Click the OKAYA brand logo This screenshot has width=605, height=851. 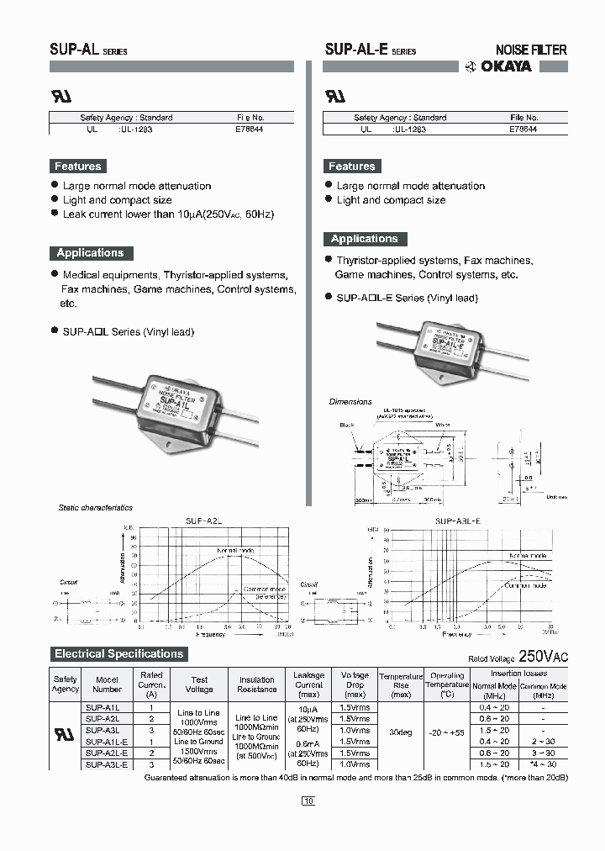coord(498,66)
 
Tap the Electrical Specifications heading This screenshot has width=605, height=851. coord(118,653)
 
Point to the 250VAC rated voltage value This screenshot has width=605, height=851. coord(543,656)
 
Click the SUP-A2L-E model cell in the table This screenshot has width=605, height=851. coord(108,753)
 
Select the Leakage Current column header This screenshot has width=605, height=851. coord(309,684)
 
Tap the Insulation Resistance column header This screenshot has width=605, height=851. coord(256,684)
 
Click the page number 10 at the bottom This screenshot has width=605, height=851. coord(308,801)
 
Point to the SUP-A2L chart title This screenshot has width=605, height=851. coord(203,521)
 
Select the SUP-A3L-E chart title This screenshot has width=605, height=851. coord(457,521)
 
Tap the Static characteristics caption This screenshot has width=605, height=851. coord(95,508)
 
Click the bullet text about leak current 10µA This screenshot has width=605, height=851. coord(168,214)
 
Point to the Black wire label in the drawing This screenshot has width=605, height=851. coord(347,425)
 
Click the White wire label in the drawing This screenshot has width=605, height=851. coord(443,425)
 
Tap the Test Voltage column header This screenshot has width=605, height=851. coord(199,684)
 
